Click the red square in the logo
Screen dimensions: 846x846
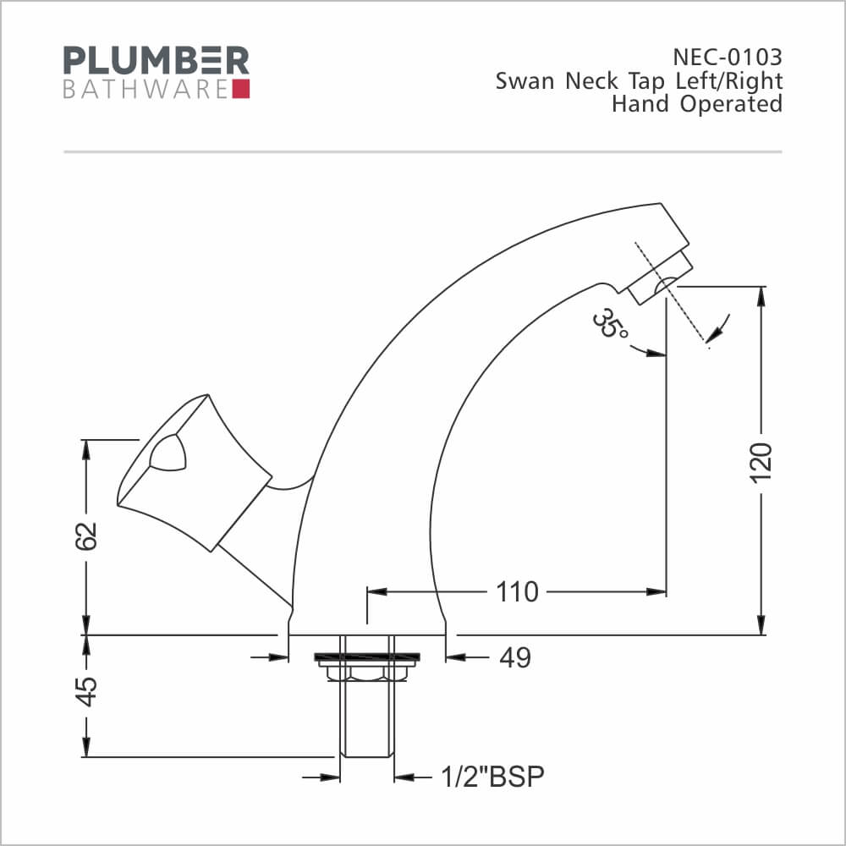click(x=240, y=89)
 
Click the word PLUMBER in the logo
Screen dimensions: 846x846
click(x=157, y=60)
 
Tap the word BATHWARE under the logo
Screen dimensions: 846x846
click(x=146, y=90)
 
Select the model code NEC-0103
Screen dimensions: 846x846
click(x=728, y=57)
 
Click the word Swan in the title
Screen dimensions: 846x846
click(x=525, y=81)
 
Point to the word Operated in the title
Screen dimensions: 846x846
click(x=731, y=104)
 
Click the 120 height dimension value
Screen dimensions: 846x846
click(x=761, y=463)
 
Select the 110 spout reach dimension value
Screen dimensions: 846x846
click(x=517, y=592)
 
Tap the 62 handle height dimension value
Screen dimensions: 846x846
click(x=85, y=536)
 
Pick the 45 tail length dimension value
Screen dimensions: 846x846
click(x=85, y=691)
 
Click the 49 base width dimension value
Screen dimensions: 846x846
click(x=515, y=657)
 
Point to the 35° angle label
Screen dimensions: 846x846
click(x=609, y=324)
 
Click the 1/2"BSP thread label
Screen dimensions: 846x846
click(x=492, y=777)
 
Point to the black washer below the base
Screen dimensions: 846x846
click(x=367, y=657)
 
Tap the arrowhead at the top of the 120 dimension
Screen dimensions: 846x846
click(x=761, y=295)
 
